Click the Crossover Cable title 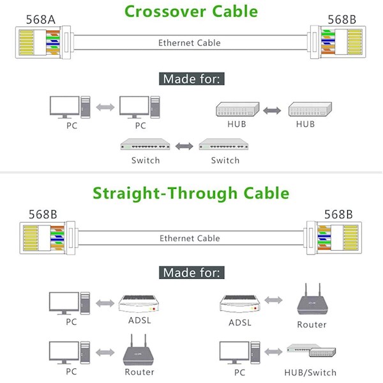[x=191, y=11]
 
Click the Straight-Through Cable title [x=191, y=193]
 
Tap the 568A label [x=40, y=19]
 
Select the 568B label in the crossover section [x=342, y=19]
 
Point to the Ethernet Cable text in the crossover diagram [x=190, y=43]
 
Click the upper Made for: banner [x=191, y=79]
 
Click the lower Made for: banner [x=191, y=273]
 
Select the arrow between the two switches [x=185, y=146]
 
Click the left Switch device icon [x=146, y=145]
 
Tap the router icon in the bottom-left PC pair [x=139, y=353]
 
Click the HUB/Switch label [x=311, y=372]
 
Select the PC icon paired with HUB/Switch [x=238, y=353]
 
